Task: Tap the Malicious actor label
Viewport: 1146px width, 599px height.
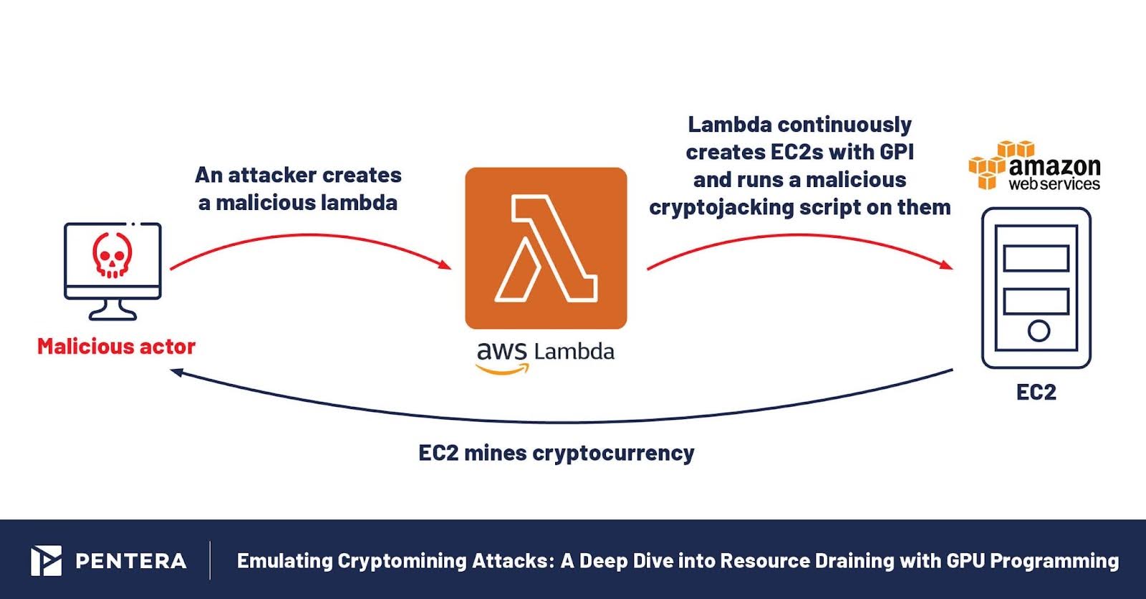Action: coord(116,347)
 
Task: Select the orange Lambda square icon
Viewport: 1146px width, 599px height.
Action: coord(546,248)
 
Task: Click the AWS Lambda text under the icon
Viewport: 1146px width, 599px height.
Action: coord(546,353)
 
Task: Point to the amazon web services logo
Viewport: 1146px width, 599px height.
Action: coord(1034,166)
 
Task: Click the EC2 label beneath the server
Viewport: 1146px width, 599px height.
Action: coord(1036,392)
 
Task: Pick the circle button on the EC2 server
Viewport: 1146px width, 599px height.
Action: coord(1039,330)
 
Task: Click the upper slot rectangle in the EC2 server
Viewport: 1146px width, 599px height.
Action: coord(1036,258)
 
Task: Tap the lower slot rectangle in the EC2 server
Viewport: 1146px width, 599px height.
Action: coord(1036,301)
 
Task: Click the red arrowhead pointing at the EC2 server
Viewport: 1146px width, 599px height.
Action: coord(945,264)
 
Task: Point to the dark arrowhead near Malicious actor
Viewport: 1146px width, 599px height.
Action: coord(177,372)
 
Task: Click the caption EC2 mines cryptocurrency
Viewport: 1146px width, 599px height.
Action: coord(556,454)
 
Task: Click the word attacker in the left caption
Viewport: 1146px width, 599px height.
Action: coord(272,176)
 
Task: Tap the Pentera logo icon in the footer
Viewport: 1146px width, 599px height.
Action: coord(46,560)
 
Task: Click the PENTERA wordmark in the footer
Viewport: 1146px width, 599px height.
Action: coord(131,561)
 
